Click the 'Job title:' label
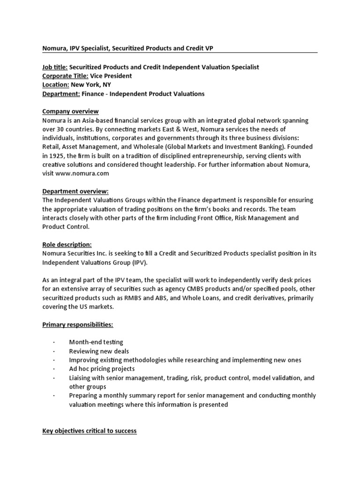point(55,67)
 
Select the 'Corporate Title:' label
point(65,76)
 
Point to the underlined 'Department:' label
point(61,94)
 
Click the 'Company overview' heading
point(70,112)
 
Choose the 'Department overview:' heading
point(75,191)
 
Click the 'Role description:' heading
point(67,245)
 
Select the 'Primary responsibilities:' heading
point(78,324)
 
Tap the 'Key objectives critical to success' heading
point(90,430)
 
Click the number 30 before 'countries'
point(60,129)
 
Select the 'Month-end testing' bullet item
point(96,342)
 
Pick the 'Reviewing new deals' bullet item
point(98,351)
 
